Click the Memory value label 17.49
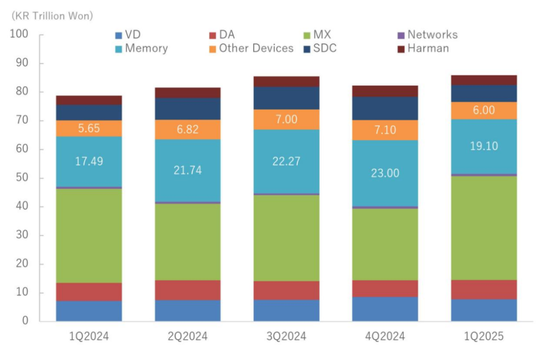[89, 161]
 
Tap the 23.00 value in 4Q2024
[385, 173]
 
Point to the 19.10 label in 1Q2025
[484, 146]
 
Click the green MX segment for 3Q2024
[286, 238]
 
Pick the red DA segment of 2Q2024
[188, 290]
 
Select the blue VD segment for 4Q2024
[385, 309]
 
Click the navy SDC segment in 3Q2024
[286, 98]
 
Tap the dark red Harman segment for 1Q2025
[484, 80]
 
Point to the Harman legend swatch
[401, 49]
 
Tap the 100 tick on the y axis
[22, 35]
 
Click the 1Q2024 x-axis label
[89, 336]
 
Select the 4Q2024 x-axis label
[385, 336]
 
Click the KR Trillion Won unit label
[53, 16]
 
